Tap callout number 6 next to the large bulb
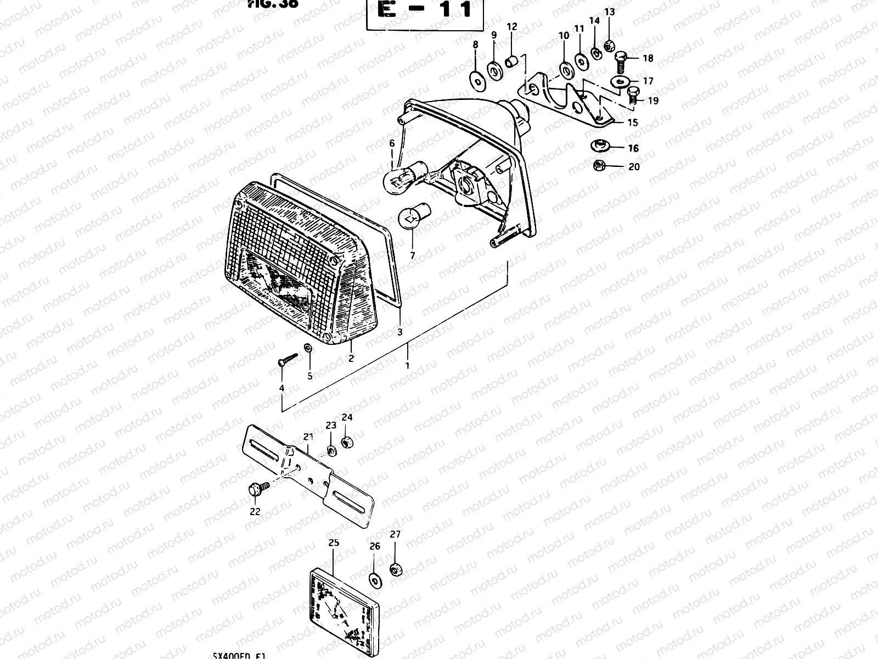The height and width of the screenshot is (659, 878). (392, 144)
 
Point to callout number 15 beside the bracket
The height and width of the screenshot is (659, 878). (633, 123)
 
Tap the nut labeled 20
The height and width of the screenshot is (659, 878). (599, 165)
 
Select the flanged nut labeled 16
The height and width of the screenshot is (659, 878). (599, 146)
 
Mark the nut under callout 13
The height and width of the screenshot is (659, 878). (608, 46)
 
